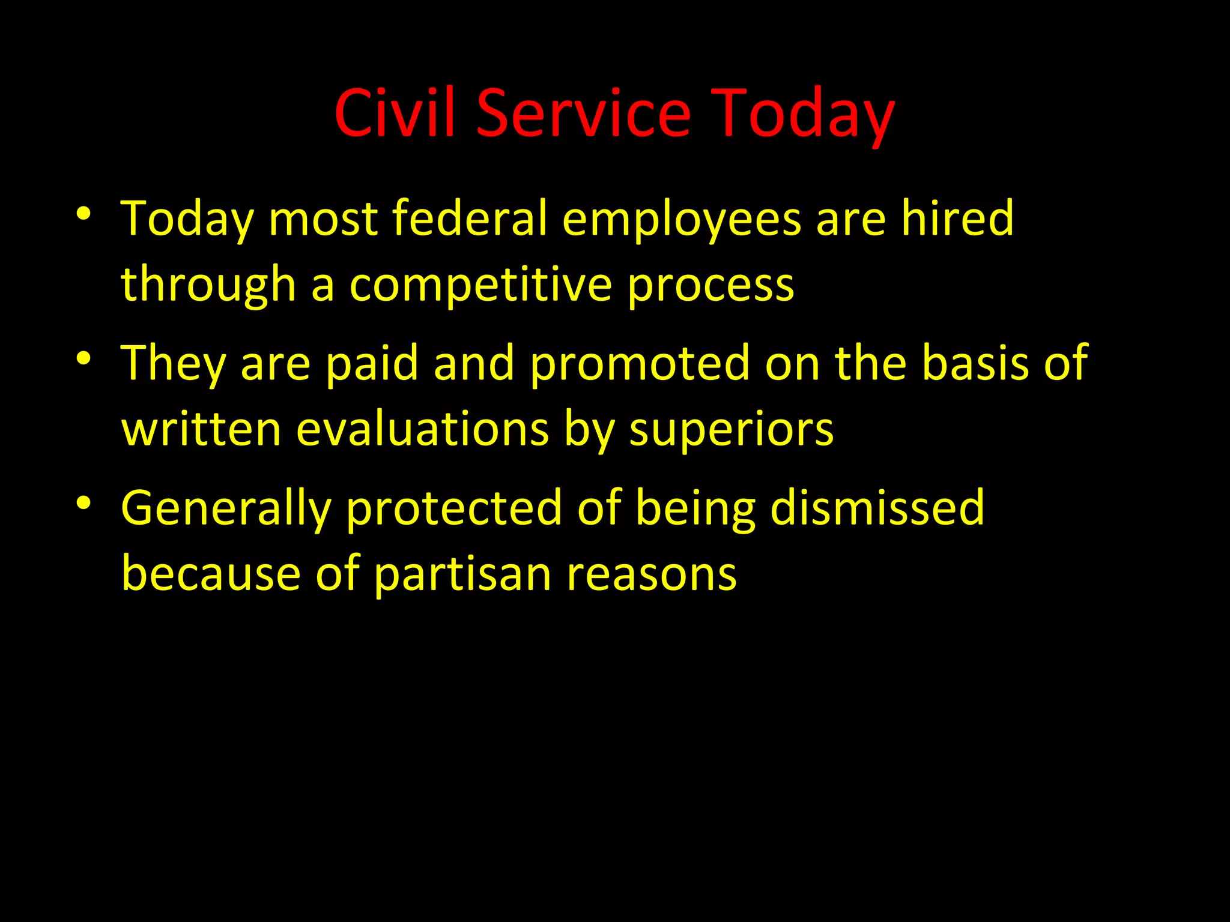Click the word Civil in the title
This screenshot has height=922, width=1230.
pyautogui.click(x=394, y=113)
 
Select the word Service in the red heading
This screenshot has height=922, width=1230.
pyautogui.click(x=584, y=113)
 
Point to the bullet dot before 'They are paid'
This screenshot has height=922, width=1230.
pyautogui.click(x=83, y=358)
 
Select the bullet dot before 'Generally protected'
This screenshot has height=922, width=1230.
pyautogui.click(x=83, y=503)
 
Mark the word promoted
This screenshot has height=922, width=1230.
pyautogui.click(x=640, y=364)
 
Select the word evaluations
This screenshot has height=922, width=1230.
pyautogui.click(x=423, y=429)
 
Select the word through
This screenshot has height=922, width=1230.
pyautogui.click(x=209, y=285)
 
